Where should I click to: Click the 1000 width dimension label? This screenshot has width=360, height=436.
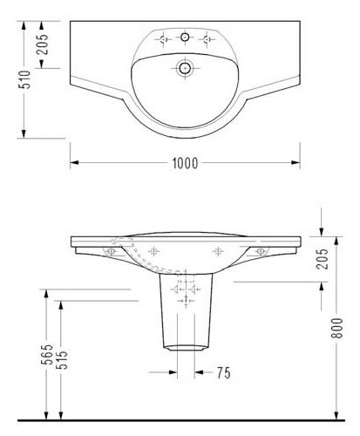point(185,163)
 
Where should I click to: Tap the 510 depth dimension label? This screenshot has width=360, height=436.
point(24,79)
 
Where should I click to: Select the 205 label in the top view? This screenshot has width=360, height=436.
point(43,44)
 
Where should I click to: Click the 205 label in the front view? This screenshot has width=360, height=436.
point(322,259)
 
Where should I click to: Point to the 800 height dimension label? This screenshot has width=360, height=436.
point(337,328)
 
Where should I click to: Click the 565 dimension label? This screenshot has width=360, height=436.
point(47,354)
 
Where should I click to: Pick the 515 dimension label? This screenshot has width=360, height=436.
point(62,360)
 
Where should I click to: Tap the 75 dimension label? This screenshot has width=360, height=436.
point(224,372)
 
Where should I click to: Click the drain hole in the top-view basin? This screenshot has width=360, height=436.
point(185,68)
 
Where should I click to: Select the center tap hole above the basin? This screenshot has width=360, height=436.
point(185,37)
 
